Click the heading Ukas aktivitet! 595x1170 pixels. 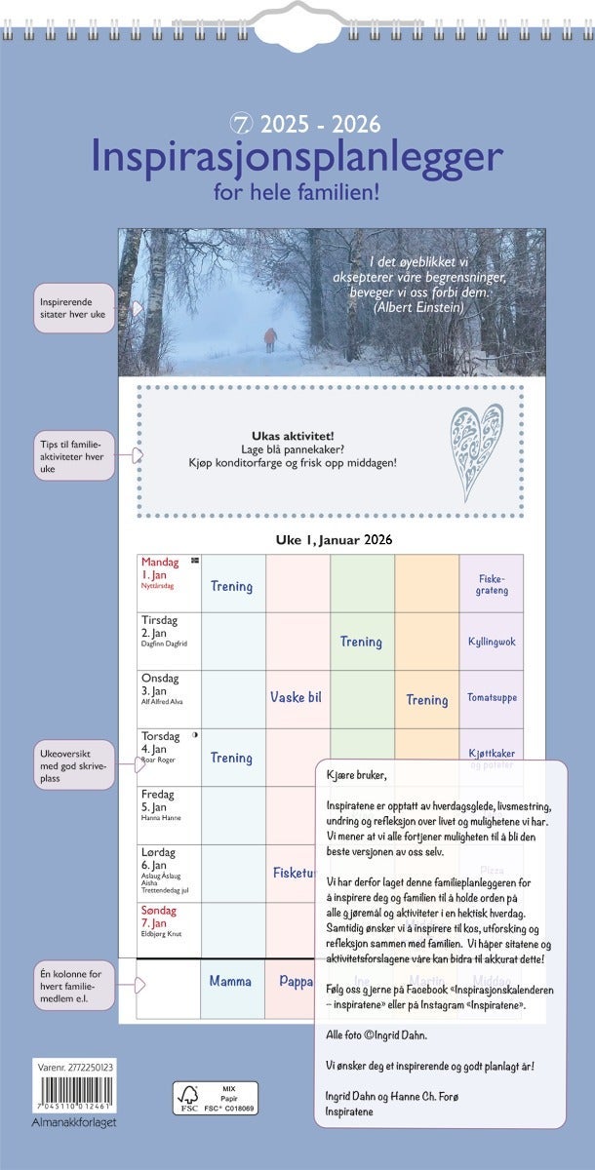point(293,435)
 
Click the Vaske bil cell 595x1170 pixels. point(296,697)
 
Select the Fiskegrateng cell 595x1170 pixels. point(491,584)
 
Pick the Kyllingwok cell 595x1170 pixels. point(491,642)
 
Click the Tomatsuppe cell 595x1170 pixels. point(491,698)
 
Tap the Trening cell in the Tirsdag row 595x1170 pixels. point(361,642)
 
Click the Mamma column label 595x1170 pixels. point(230,981)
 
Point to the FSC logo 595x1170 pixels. point(188,1097)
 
